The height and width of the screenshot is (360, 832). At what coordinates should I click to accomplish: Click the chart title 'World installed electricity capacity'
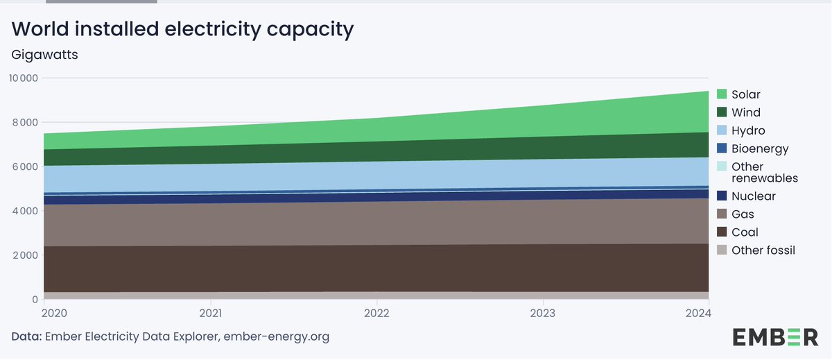point(183,29)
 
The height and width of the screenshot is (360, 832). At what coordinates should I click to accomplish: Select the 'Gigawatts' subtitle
point(44,55)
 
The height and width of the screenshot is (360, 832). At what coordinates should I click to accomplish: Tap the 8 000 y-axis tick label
point(24,123)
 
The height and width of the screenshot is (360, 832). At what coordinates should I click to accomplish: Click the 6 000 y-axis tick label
point(24,166)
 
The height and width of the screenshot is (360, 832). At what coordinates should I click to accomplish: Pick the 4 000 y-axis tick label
point(24,211)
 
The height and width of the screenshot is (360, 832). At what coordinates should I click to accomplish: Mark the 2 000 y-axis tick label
point(24,255)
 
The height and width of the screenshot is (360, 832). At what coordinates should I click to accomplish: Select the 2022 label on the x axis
point(376,314)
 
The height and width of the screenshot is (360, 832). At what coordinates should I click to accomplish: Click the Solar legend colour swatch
point(721,94)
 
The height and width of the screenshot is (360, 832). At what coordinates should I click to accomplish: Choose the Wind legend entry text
point(746,112)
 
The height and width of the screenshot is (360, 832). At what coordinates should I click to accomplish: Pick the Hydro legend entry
point(748,130)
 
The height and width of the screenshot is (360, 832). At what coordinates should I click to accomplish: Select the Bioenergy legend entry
point(760,148)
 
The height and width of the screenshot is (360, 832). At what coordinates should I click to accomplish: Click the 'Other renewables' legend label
point(765,173)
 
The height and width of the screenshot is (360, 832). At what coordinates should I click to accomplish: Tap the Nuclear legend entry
point(754,196)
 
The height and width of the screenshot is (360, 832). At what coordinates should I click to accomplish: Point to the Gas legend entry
point(743,214)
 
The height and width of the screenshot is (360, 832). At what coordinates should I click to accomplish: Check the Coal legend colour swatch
point(721,232)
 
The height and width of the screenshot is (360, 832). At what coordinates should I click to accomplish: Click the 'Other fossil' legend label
point(763,250)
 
